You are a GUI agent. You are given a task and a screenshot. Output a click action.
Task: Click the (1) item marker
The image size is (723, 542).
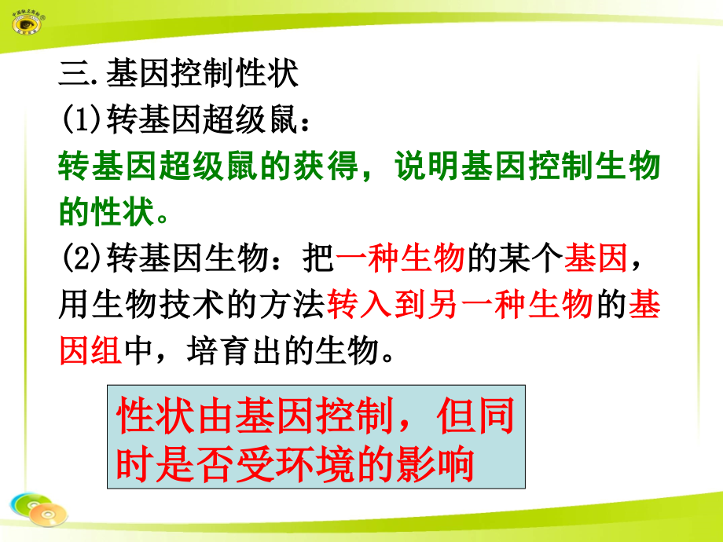point(77,121)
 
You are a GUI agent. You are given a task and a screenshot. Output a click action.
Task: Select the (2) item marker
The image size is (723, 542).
point(77,258)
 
